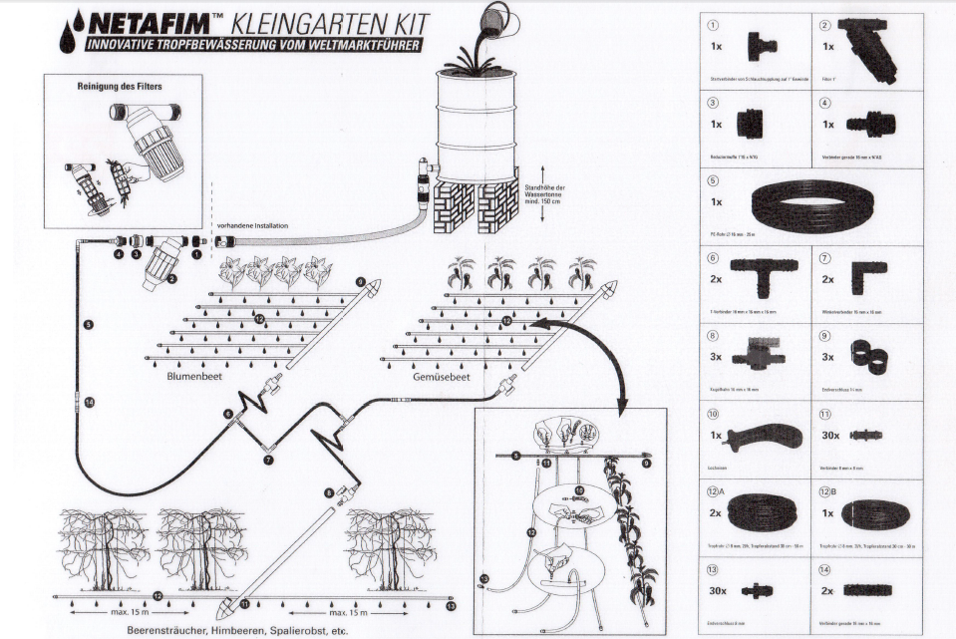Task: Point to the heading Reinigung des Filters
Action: click(x=120, y=86)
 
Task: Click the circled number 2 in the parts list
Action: click(x=825, y=25)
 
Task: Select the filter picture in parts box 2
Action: click(x=868, y=49)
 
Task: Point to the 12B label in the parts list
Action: click(x=827, y=491)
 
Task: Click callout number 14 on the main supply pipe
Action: click(x=89, y=402)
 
